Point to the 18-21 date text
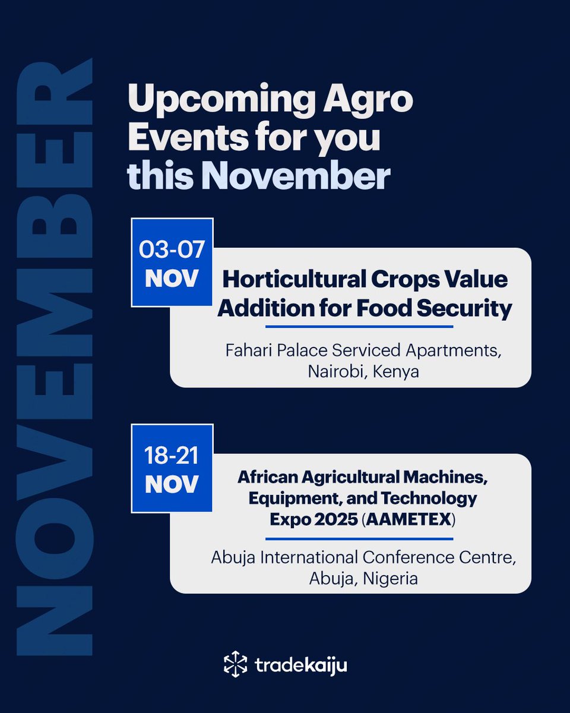172,456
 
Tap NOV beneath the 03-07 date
172,279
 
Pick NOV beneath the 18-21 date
172,484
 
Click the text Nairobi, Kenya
363,372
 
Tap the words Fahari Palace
265,351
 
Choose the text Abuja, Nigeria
363,578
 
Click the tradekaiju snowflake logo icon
235,664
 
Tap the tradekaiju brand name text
301,665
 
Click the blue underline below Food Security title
359,326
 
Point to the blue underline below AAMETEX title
359,539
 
